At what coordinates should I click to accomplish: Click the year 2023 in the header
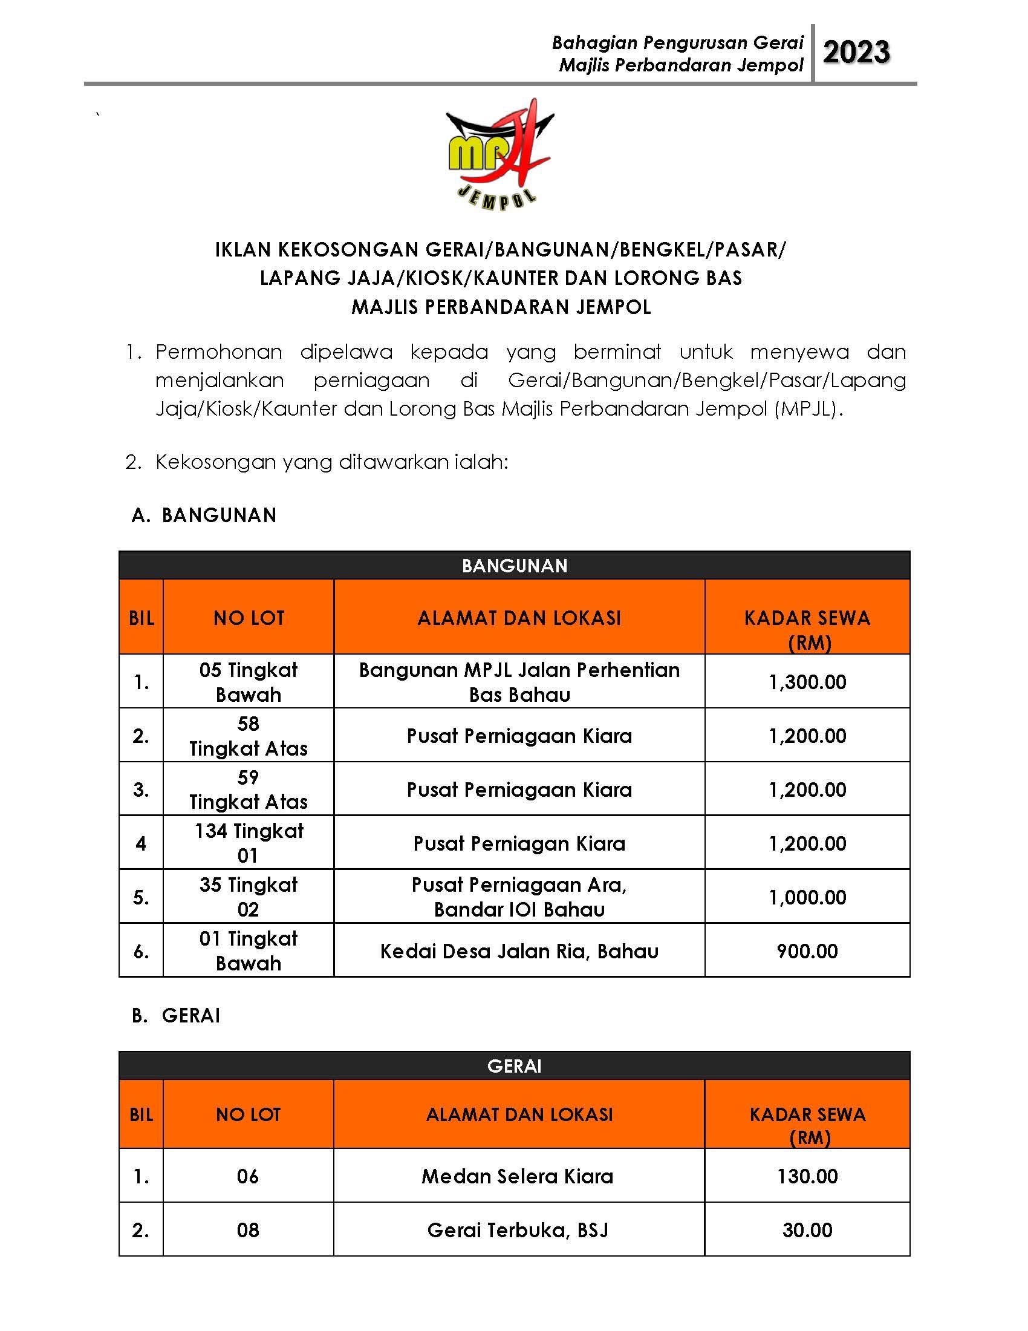(856, 53)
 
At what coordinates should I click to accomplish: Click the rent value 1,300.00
(807, 682)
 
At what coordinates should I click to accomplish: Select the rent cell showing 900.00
(807, 951)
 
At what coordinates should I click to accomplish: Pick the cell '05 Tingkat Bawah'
(249, 682)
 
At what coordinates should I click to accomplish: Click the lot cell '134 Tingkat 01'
(249, 843)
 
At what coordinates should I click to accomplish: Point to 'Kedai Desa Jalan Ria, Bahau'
(519, 951)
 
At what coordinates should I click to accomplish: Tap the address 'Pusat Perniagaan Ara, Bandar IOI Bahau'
(519, 897)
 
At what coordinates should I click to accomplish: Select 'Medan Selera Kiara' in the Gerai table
(518, 1176)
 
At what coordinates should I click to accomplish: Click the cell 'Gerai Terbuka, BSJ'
(518, 1230)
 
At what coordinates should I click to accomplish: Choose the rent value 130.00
(807, 1176)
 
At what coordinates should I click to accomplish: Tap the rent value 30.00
(807, 1230)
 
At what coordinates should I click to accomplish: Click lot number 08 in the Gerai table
(248, 1230)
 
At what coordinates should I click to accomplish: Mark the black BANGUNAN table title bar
(514, 566)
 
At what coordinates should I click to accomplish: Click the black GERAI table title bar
(514, 1066)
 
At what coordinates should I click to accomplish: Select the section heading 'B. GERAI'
(176, 1016)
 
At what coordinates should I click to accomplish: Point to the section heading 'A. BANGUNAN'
(204, 515)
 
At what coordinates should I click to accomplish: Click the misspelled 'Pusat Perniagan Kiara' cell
(519, 843)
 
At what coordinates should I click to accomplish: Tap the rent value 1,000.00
(807, 897)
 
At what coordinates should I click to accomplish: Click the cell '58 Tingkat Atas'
(249, 736)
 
